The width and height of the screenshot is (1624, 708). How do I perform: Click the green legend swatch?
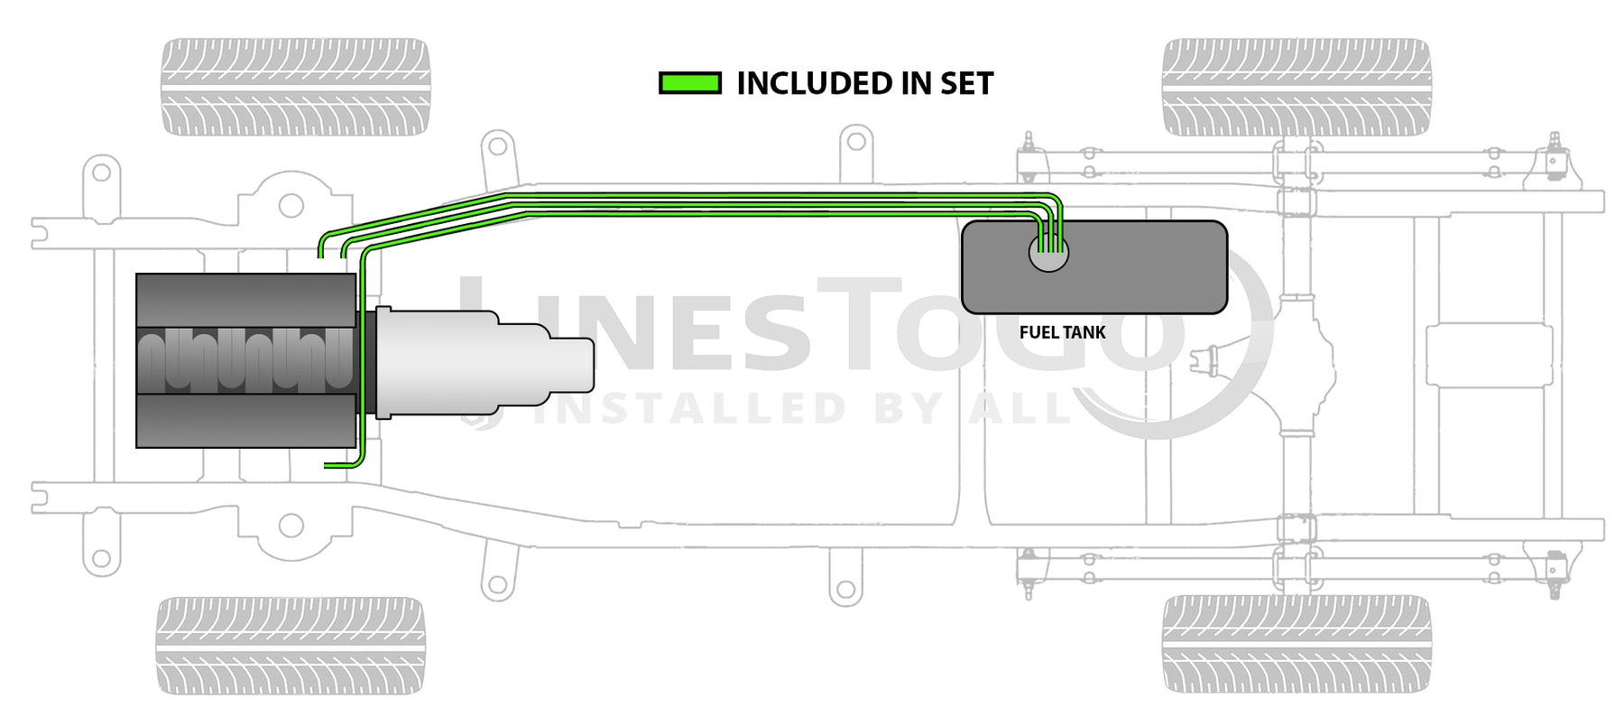(x=690, y=84)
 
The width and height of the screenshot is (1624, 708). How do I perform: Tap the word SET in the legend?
(x=966, y=84)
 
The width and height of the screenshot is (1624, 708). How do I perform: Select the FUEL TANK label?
(x=1062, y=332)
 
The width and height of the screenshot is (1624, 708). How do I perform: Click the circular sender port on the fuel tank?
(x=1048, y=254)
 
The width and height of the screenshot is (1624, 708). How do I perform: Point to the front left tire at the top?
(x=295, y=87)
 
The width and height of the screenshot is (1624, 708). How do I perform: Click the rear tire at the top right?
(x=1296, y=87)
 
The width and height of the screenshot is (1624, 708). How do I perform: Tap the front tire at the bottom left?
(x=291, y=644)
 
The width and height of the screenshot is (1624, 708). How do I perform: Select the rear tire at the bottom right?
(x=1296, y=644)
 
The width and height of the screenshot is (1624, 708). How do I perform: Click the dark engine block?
(x=245, y=359)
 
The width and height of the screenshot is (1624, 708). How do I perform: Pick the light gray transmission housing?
(x=460, y=361)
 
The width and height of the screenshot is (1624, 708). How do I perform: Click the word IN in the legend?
(x=915, y=84)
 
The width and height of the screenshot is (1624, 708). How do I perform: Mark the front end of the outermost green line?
(x=321, y=256)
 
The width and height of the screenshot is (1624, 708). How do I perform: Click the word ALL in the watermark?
(x=1020, y=408)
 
